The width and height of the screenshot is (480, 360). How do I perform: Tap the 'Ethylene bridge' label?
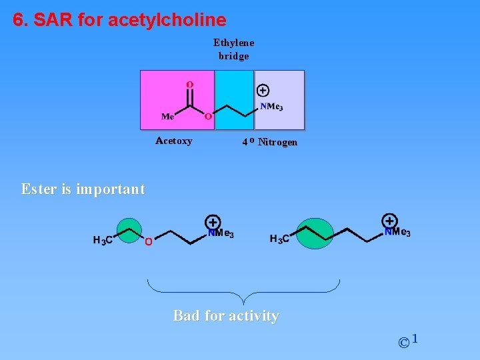tap(233, 49)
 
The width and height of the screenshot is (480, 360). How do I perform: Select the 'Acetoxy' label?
tap(173, 141)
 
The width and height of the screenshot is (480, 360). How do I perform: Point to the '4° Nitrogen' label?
tap(270, 142)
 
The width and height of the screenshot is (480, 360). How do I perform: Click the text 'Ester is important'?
tap(83, 189)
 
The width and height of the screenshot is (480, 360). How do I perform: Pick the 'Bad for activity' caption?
tap(226, 315)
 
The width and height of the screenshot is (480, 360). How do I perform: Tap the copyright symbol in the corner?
tap(404, 343)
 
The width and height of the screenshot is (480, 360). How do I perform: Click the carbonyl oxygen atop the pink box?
tap(189, 85)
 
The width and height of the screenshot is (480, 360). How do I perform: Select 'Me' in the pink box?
tap(168, 117)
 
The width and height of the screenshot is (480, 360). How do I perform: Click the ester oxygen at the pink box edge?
tap(208, 117)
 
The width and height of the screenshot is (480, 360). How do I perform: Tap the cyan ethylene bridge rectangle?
tap(234, 100)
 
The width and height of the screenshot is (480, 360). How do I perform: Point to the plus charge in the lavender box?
tap(263, 91)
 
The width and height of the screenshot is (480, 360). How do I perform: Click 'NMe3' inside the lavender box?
tap(271, 107)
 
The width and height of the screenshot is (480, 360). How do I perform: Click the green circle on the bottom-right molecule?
tap(314, 233)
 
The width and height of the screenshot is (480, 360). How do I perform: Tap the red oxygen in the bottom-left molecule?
tap(149, 241)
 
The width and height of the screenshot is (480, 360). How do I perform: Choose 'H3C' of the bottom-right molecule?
tap(279, 239)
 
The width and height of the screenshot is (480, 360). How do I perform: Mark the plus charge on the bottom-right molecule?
tap(390, 221)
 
